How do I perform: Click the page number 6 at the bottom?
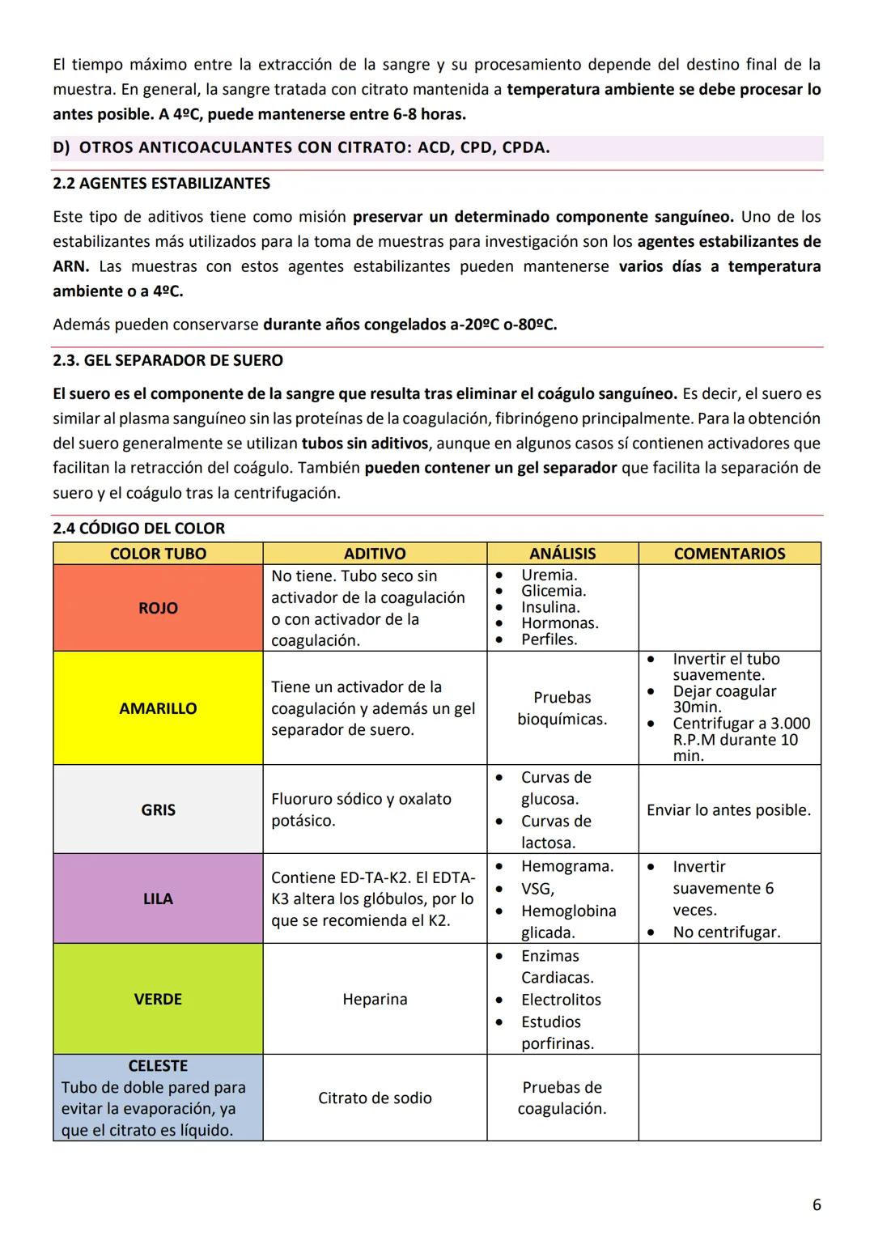(x=816, y=1204)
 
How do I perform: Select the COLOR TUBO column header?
(x=158, y=554)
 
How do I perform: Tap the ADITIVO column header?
(x=375, y=554)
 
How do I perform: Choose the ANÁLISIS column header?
(x=562, y=554)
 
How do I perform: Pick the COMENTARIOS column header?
(x=729, y=554)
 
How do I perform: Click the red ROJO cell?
(x=158, y=608)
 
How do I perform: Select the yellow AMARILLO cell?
(x=158, y=708)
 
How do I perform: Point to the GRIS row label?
(x=158, y=810)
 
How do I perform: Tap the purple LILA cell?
(x=158, y=898)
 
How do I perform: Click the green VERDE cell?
(x=158, y=999)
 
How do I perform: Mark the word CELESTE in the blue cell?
(x=158, y=1066)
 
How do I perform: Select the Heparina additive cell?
(x=375, y=999)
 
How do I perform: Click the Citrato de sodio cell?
(x=375, y=1098)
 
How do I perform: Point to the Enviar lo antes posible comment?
(x=728, y=810)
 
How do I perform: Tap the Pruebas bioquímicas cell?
(x=562, y=708)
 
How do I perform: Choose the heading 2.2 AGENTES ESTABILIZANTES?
(x=162, y=184)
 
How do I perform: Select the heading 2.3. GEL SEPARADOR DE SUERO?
(x=168, y=360)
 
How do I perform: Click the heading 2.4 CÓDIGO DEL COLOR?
(x=139, y=529)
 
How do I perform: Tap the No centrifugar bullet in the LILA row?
(x=726, y=932)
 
